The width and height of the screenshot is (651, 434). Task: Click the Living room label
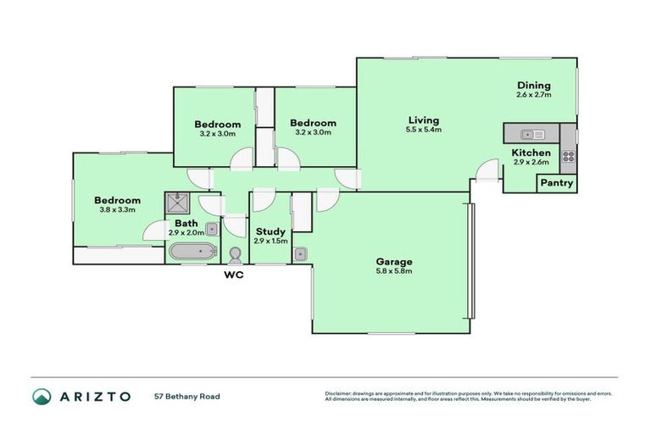423,120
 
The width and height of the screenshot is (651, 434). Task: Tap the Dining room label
533,85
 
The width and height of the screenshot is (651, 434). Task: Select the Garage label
393,261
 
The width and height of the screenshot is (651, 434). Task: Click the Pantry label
557,183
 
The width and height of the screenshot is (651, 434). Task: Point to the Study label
270,231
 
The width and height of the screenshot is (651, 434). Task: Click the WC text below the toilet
235,275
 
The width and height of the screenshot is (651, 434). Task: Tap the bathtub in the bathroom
192,252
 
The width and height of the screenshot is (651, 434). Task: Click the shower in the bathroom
178,203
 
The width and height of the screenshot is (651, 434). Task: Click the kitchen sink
533,134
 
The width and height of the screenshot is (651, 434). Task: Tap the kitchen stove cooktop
568,155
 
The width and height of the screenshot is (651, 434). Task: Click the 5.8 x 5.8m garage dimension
393,271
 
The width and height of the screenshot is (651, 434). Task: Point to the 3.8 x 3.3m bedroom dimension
118,211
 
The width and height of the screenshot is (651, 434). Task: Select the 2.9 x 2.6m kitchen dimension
531,162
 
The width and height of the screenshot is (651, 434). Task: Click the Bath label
186,223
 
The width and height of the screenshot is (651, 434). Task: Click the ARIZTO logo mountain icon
42,396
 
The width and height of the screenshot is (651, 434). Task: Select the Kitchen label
531,153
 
